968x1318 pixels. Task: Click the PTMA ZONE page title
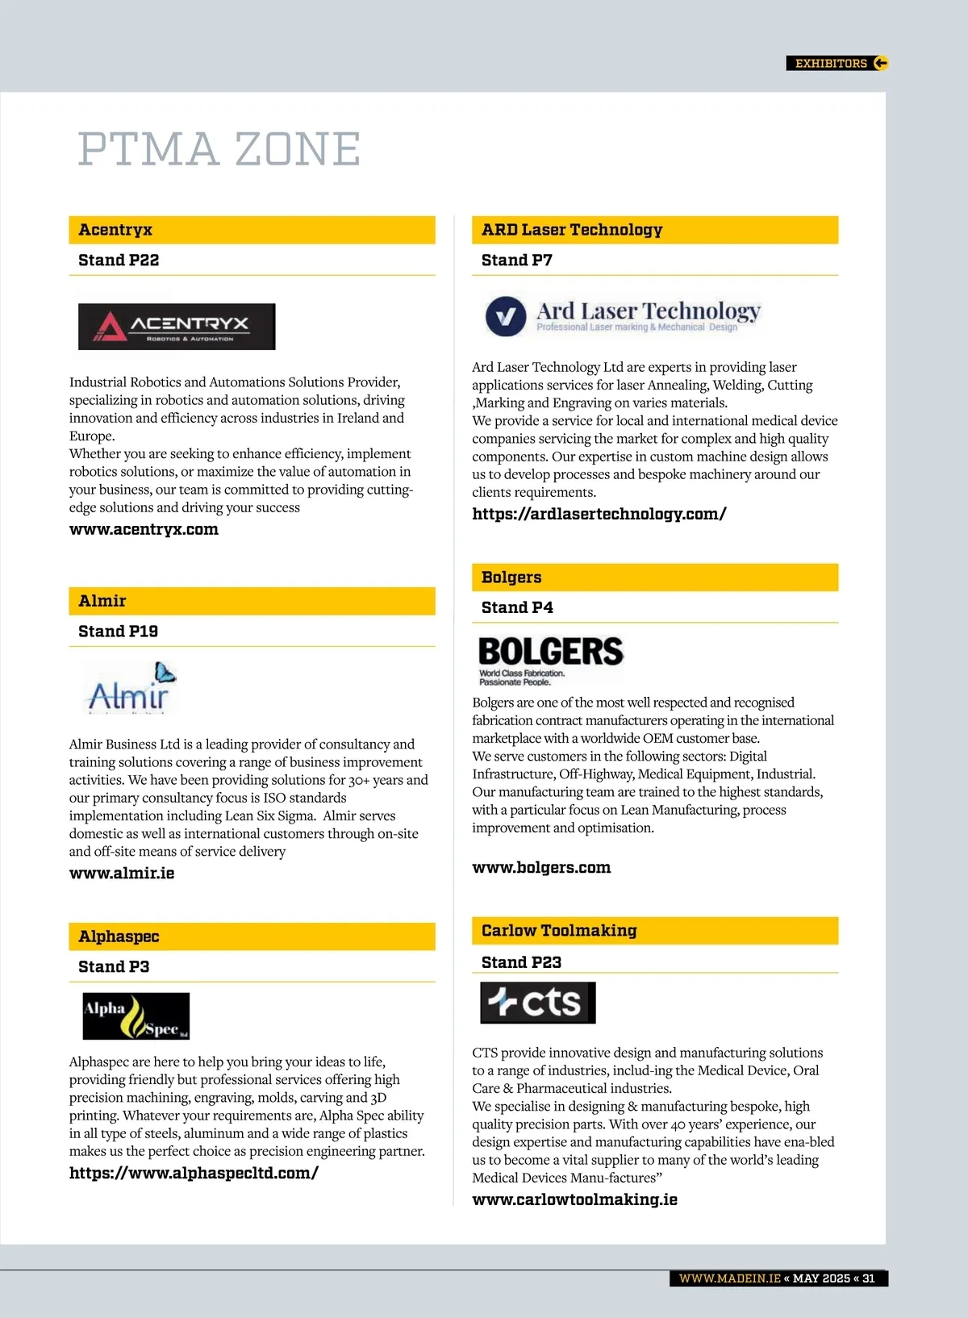pos(219,149)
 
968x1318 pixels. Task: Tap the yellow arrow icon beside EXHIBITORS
pos(880,63)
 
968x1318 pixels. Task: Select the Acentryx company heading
pos(115,230)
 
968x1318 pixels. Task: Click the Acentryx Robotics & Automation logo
pos(177,327)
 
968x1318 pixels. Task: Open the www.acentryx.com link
pos(144,530)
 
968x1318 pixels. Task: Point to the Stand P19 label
pos(118,632)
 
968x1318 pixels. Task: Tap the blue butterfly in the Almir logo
pos(165,672)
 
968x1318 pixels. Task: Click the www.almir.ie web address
pos(122,874)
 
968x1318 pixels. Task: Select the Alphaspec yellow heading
pos(119,936)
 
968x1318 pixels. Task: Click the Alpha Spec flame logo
pos(136,1016)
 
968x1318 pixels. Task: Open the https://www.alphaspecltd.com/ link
pos(194,1174)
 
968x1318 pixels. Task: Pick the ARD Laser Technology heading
pos(572,230)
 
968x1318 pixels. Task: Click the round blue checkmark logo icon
pos(506,316)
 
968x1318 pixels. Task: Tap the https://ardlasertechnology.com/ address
pos(599,514)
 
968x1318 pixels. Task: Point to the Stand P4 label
pos(517,608)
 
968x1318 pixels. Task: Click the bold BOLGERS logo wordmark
pos(551,652)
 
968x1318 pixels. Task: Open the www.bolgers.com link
pos(541,868)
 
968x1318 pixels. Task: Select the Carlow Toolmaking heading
pos(559,931)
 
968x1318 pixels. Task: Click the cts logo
pos(538,1003)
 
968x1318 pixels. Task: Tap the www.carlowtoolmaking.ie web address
pos(574,1200)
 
